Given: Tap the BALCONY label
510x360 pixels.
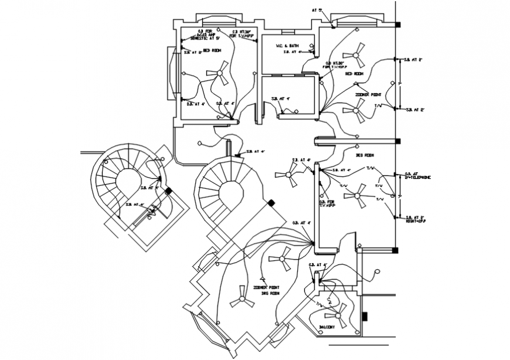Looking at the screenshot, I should [327, 327].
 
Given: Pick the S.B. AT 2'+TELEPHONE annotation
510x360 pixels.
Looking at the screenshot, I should [417, 176].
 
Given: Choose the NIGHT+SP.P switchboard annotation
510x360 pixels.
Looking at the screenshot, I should [415, 219].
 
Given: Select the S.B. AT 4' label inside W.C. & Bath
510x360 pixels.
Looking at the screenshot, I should [291, 52].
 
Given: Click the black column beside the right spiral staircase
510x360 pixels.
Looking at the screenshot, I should [271, 203].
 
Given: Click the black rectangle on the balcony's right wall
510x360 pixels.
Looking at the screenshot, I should [365, 317].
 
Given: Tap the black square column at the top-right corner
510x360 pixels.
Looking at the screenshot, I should [397, 25].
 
